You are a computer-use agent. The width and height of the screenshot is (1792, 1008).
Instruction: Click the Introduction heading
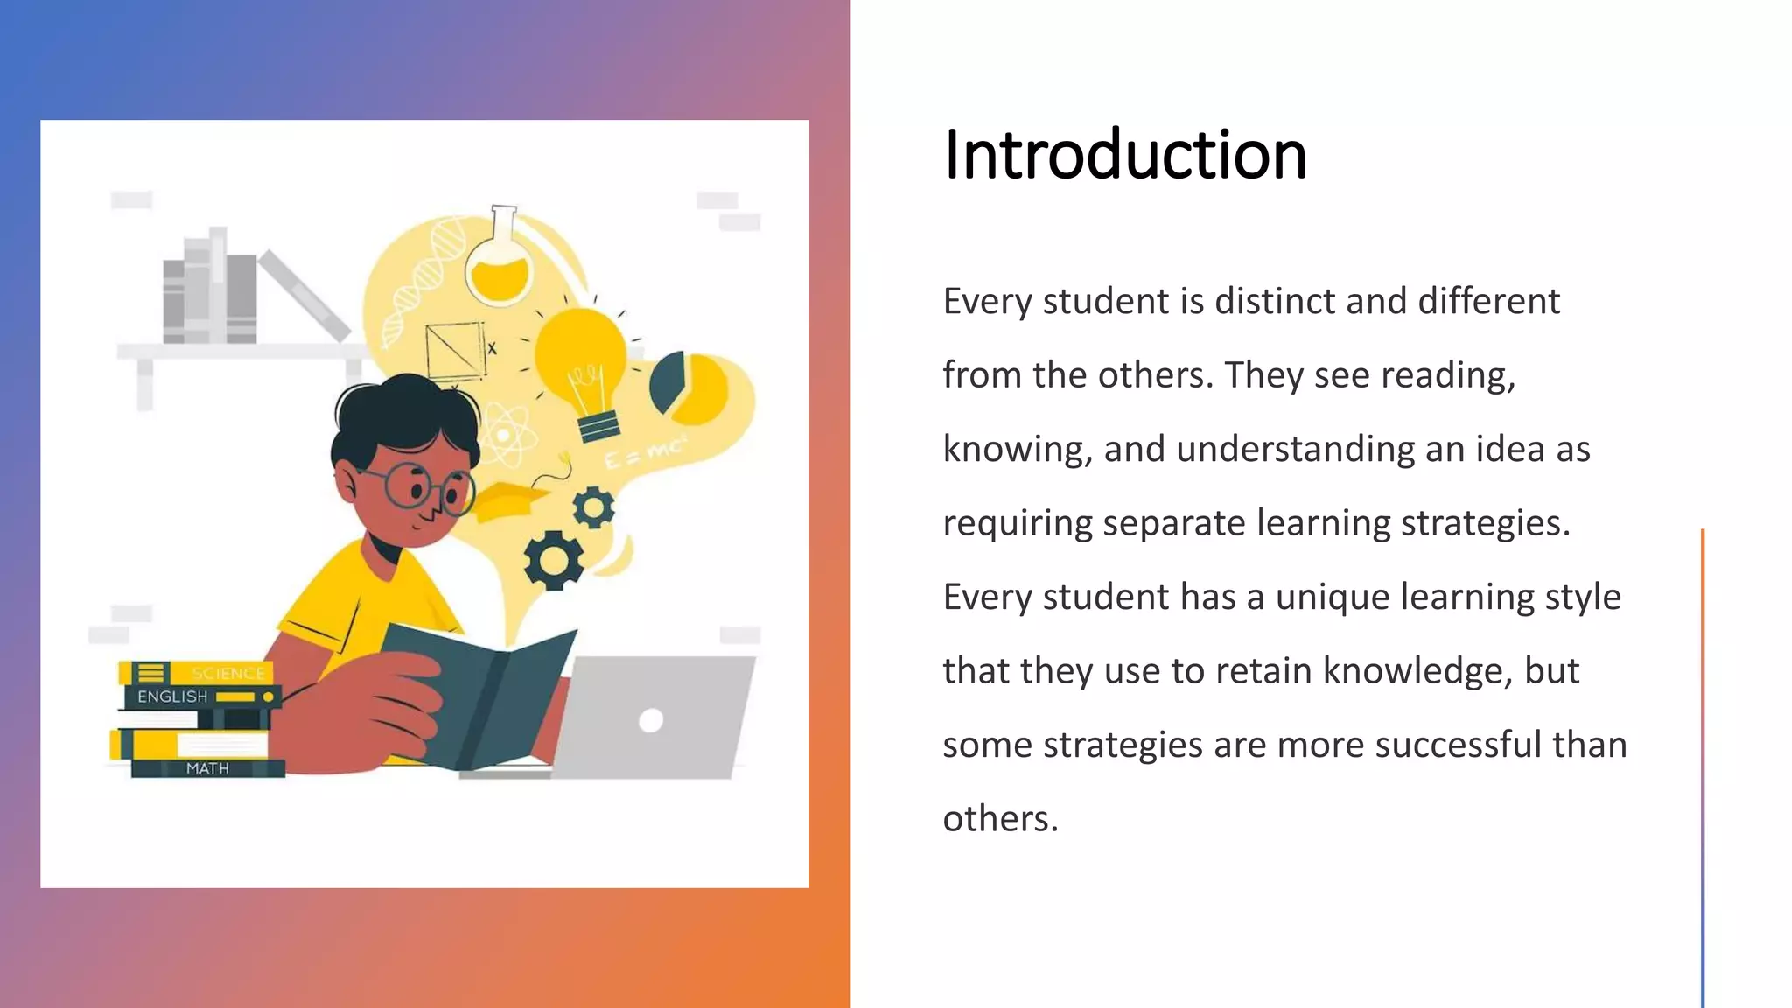tap(1124, 155)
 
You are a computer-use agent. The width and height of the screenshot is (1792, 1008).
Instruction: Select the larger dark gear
tap(553, 560)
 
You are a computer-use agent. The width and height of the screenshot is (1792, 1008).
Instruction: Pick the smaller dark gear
tap(593, 507)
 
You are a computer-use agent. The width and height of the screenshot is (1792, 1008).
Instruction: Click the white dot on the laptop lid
tap(651, 720)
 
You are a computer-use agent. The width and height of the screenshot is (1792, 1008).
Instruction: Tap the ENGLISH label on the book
tap(172, 696)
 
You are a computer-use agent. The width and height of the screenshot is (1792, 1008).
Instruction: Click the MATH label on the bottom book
tap(207, 768)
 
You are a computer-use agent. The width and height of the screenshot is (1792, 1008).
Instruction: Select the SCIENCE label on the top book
tap(227, 673)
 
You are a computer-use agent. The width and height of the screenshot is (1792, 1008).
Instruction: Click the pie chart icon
tap(689, 386)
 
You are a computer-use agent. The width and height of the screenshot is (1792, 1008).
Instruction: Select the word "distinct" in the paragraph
tap(1275, 301)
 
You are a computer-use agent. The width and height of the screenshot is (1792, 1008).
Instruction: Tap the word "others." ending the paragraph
tap(1000, 819)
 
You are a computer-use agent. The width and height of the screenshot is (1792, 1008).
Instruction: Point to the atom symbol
tap(505, 435)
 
